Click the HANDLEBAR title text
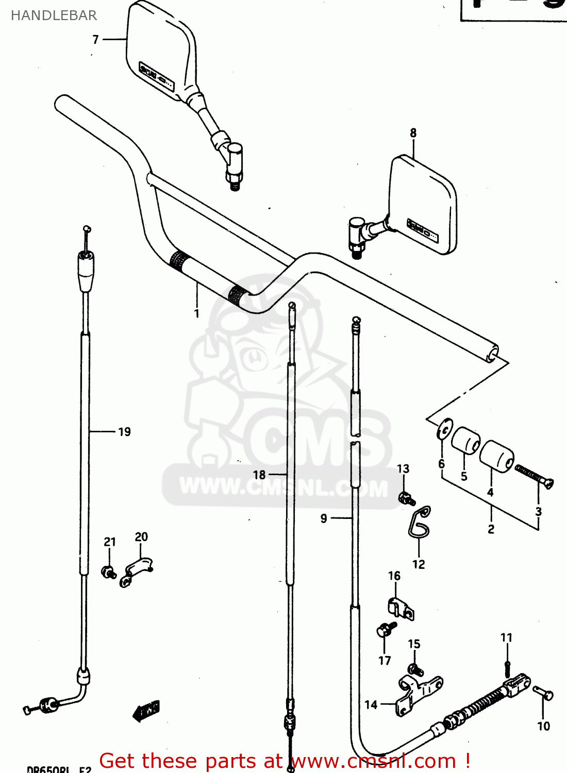point(54,15)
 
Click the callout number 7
point(95,40)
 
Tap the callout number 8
point(413,133)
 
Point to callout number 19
point(124,432)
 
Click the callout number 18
point(259,475)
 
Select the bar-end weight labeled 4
point(497,455)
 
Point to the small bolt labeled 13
point(407,498)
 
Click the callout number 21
point(110,542)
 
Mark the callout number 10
point(544,726)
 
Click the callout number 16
point(394,576)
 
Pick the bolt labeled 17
point(385,630)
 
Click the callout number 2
point(491,529)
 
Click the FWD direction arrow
point(146,711)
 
